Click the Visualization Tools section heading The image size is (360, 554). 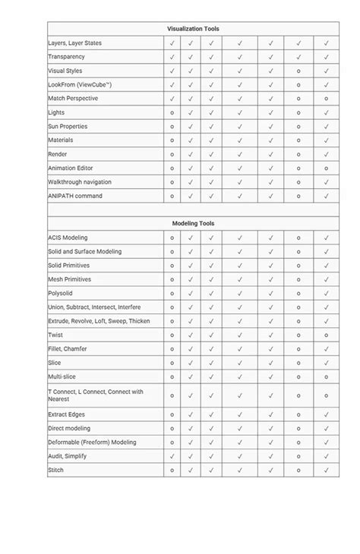click(193, 29)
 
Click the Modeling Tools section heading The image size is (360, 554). click(193, 224)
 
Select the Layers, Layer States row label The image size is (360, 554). click(74, 43)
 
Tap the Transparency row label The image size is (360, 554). click(66, 57)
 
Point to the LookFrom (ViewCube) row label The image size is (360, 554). click(79, 84)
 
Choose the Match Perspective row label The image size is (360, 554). click(73, 99)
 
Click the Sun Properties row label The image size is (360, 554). click(69, 126)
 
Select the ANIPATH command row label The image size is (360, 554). click(75, 196)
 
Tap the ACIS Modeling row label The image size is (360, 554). click(68, 238)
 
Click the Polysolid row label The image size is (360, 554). click(61, 293)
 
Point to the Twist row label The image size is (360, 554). click(55, 335)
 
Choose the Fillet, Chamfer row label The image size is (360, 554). click(68, 348)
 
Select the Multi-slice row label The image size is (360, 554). click(62, 376)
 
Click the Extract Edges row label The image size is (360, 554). click(66, 414)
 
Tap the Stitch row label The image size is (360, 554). click(56, 471)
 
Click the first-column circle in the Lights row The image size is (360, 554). click(172, 112)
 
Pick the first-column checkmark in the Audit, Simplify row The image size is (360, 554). click(172, 456)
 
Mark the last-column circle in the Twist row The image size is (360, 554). click(326, 335)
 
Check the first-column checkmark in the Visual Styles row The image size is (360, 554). click(172, 71)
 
